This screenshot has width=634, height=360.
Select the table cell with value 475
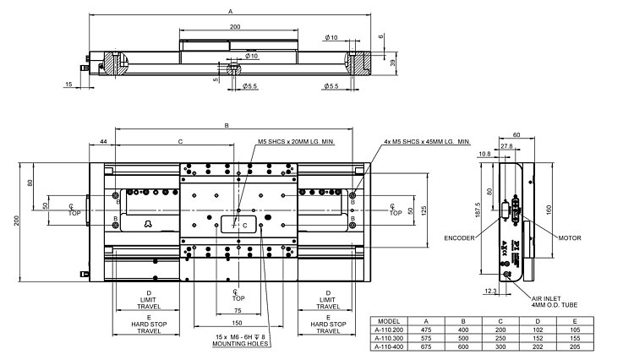[427, 330]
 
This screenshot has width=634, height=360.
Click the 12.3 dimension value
[492, 290]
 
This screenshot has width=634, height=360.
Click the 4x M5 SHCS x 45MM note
[426, 142]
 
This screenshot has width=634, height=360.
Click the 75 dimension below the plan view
[238, 310]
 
